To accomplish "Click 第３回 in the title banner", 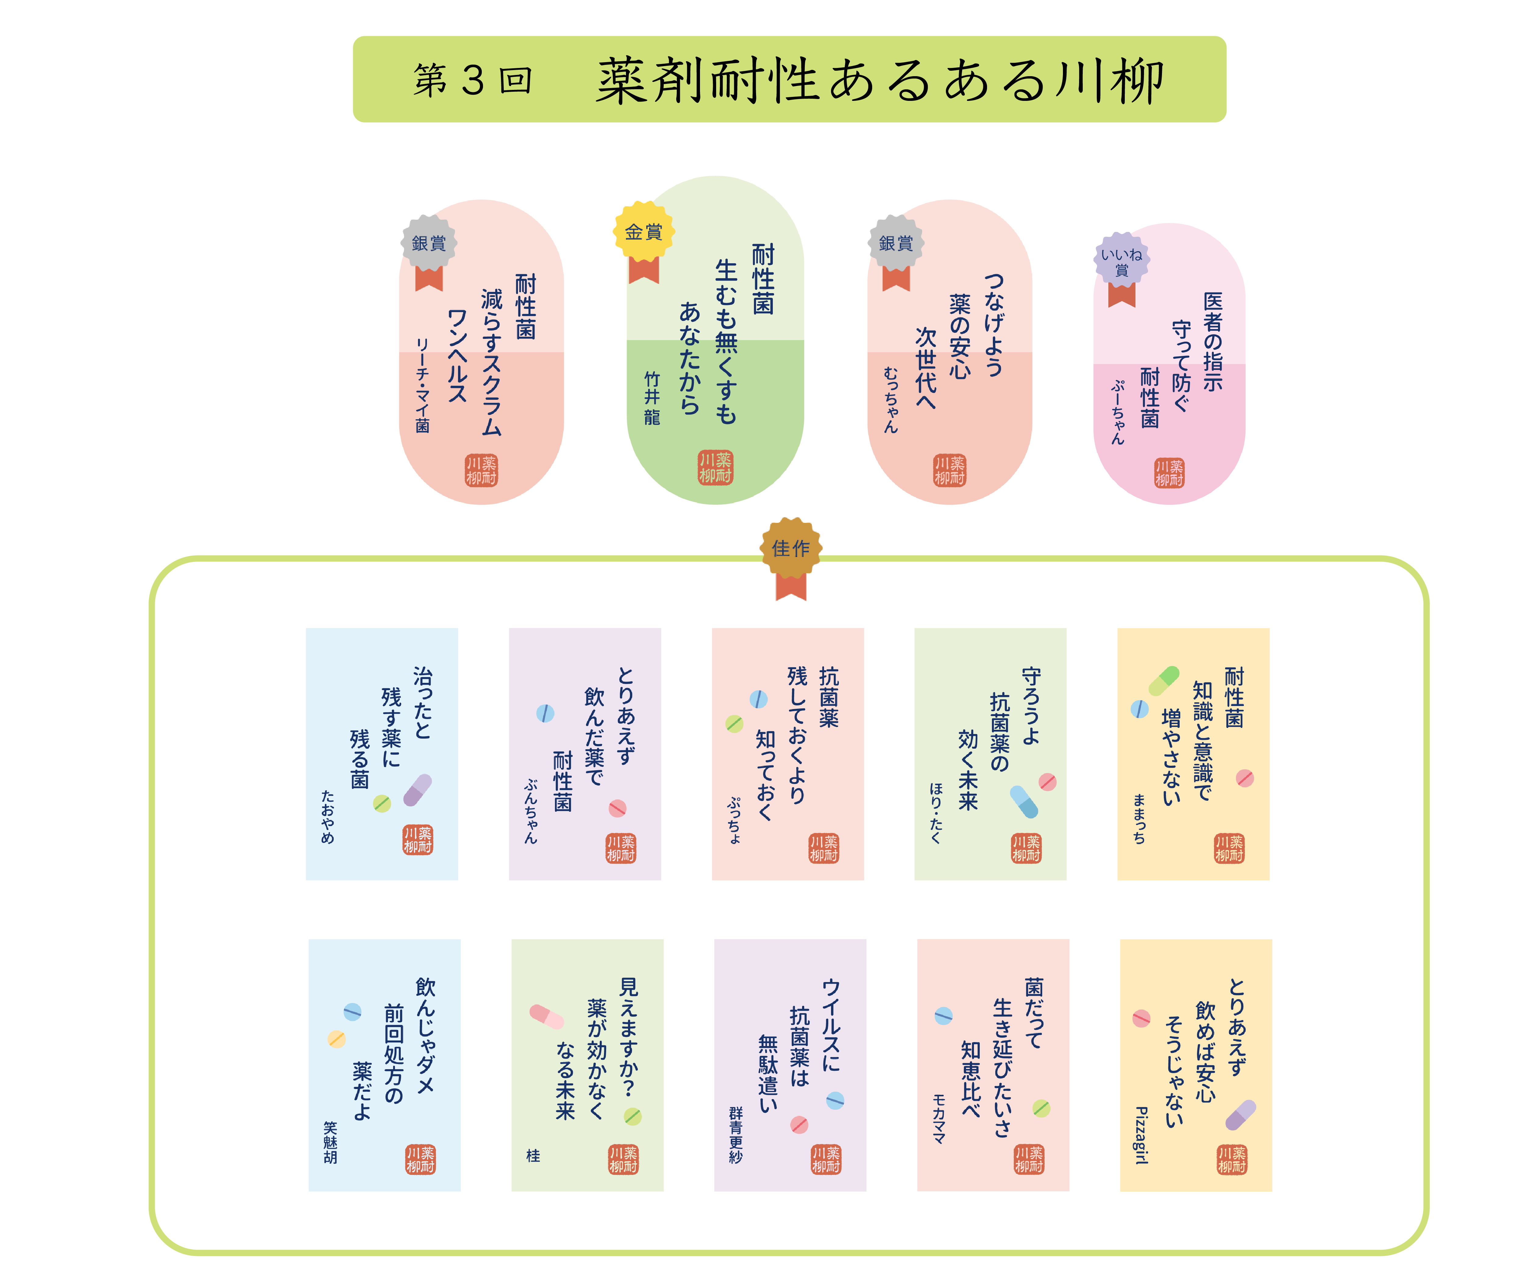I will [473, 80].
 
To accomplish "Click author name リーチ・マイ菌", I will [422, 385].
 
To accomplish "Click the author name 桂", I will [533, 1155].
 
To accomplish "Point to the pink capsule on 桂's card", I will [546, 1016].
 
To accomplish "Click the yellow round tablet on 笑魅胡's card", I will [336, 1039].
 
